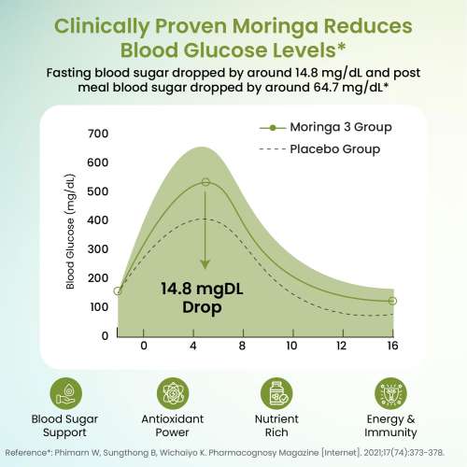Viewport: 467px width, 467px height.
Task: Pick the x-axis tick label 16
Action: (x=391, y=346)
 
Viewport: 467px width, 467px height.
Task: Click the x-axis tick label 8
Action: (x=242, y=346)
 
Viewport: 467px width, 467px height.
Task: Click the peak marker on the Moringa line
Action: (x=206, y=183)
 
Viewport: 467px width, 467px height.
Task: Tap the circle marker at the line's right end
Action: (x=392, y=301)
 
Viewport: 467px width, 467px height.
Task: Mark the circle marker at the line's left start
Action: (x=118, y=291)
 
